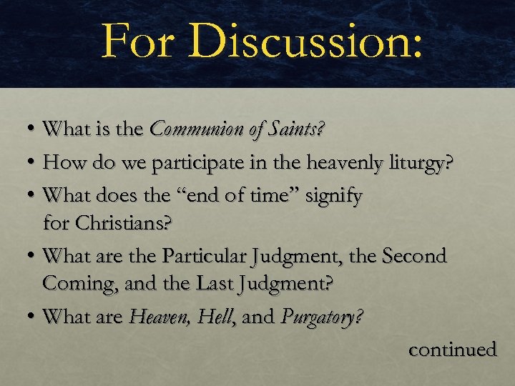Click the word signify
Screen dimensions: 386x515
point(334,194)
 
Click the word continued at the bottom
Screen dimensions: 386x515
point(452,350)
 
